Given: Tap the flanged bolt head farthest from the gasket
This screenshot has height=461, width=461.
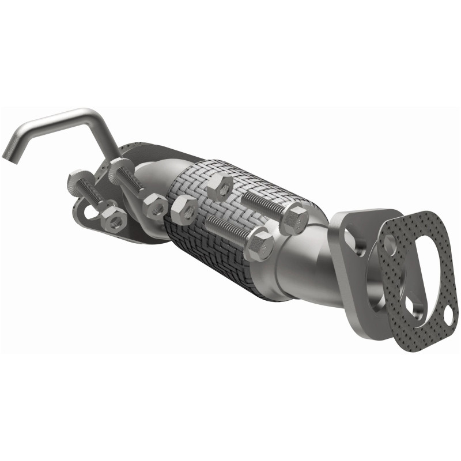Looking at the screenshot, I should point(76,183).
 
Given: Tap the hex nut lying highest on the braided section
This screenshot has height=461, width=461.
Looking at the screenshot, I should point(220,186).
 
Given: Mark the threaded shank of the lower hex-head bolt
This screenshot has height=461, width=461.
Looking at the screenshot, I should point(228,228).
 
